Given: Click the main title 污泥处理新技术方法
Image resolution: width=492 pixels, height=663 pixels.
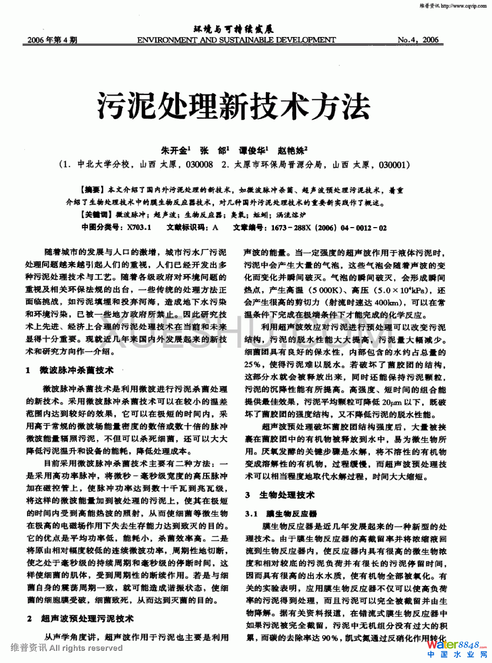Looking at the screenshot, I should [234, 105].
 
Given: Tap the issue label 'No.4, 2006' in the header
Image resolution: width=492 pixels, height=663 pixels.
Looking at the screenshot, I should [418, 40].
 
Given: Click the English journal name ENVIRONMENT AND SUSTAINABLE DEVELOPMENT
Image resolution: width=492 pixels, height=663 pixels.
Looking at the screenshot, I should [236, 40].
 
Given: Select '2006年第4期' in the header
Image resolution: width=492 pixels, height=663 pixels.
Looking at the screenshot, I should [52, 40].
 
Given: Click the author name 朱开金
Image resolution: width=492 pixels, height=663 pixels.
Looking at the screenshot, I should [175, 151].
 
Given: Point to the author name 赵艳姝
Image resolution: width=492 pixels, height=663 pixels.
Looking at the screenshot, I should [292, 151].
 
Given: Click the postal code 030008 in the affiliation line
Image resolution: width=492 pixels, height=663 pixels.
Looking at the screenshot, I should [199, 164].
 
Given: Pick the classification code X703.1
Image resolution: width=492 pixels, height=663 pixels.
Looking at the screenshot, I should [139, 228].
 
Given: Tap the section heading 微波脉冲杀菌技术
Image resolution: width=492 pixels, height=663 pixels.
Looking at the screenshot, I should [77, 371].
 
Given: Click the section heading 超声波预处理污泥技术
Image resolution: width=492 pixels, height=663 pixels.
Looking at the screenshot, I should [87, 619].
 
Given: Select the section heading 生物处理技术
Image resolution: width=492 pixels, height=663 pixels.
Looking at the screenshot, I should [287, 495].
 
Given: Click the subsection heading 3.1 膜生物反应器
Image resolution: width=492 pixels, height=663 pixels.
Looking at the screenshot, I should [281, 514].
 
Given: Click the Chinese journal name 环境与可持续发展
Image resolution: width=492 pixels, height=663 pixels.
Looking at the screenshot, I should [233, 29].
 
